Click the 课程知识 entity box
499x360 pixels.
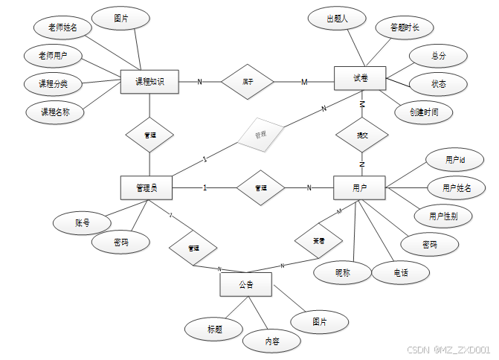pos(149,82)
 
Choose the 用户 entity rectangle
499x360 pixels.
pos(359,187)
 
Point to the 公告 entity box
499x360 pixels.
pos(246,284)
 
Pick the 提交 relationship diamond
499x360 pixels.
pos(362,136)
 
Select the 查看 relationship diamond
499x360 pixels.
pos(318,241)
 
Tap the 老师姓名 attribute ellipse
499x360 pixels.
pos(63,28)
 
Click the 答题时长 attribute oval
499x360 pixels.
pos(405,28)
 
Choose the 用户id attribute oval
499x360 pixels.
pos(454,160)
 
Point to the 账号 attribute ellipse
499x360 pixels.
pos(83,222)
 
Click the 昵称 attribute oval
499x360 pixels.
pos(342,273)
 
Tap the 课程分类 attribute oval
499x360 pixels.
pos(54,83)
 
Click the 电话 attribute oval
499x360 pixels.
pos(401,273)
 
